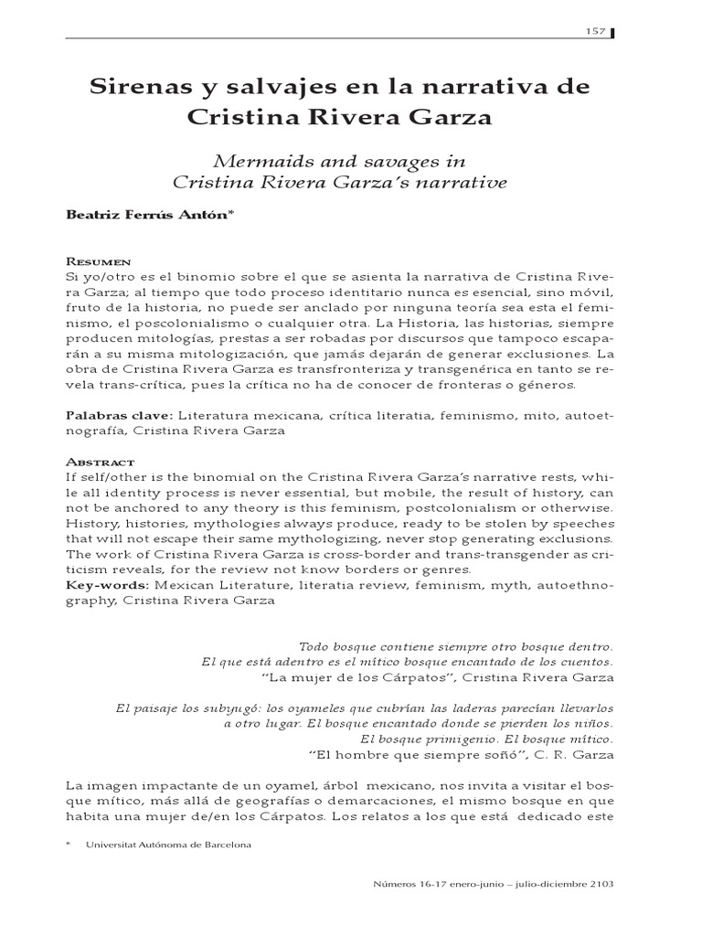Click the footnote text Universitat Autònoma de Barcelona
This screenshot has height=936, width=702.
click(x=168, y=845)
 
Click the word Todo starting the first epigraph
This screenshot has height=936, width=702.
click(x=314, y=646)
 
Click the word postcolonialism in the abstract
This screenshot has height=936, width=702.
click(x=411, y=506)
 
